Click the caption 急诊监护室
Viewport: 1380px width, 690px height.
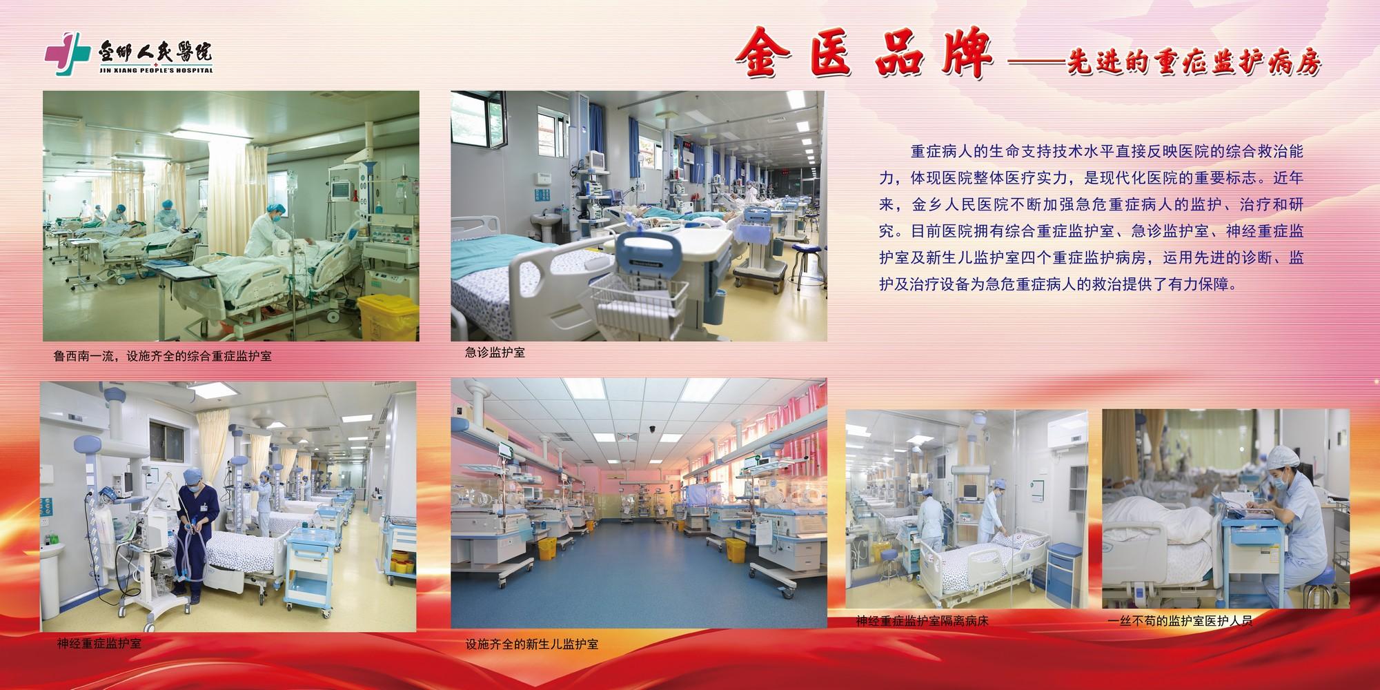[495, 353]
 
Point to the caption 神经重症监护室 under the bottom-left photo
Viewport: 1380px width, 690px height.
[99, 644]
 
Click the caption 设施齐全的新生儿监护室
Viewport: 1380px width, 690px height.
[532, 644]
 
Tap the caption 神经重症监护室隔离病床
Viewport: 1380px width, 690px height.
[923, 621]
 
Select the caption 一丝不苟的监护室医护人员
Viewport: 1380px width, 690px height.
[1179, 621]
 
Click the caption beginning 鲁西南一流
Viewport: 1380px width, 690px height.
[163, 357]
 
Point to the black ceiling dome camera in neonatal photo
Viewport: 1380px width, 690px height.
[651, 429]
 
